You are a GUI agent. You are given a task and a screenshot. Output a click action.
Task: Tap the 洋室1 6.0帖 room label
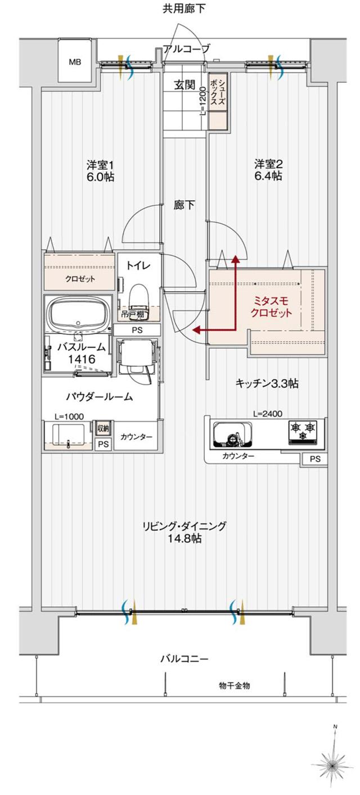[x=101, y=170]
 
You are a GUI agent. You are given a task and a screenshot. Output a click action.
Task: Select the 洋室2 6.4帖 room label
[x=268, y=170]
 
